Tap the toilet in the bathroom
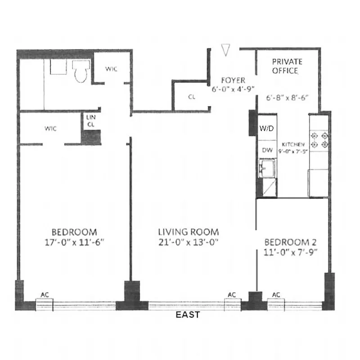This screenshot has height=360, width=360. pos(81,72)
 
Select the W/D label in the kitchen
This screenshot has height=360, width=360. pos(266,129)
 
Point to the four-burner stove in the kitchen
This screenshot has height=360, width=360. pos(319,139)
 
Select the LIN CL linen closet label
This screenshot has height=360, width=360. pos(90,120)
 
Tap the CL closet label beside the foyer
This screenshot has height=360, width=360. pos(192,97)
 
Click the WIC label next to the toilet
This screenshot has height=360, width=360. pos(111,69)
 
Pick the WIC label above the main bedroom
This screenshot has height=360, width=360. pos(50,129)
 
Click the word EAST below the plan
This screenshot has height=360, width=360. pos(188,315)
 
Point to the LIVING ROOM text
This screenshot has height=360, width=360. pos(189,232)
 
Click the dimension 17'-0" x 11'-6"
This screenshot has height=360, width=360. pos(74,242)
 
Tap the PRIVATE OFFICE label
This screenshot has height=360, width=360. pos(287,66)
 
